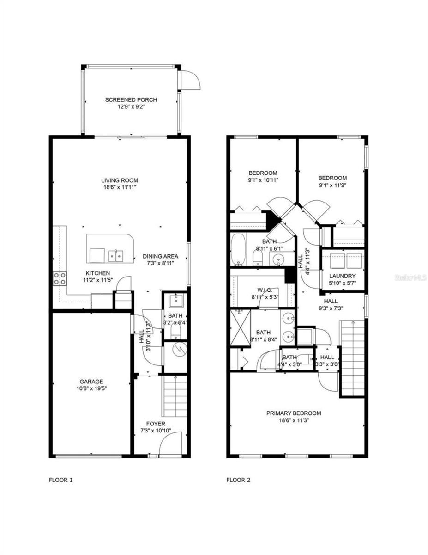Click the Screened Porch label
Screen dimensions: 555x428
pos(131,99)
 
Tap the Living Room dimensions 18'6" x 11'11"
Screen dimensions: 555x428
pos(120,188)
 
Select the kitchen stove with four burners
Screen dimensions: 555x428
pos(60,278)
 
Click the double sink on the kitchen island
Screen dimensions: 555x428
pos(115,255)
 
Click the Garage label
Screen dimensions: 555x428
pos(91,382)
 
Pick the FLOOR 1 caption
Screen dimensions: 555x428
pos(61,480)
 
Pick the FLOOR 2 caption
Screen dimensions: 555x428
pos(238,480)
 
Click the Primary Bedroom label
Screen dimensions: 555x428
pos(294,413)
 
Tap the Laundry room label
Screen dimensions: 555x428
pos(342,276)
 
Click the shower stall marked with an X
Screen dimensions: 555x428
pos(241,328)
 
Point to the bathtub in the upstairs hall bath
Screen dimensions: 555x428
pos(238,250)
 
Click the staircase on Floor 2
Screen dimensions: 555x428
pos(353,358)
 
